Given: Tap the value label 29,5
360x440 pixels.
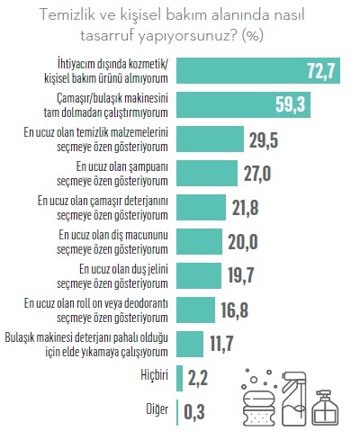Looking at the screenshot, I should [x=267, y=139].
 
